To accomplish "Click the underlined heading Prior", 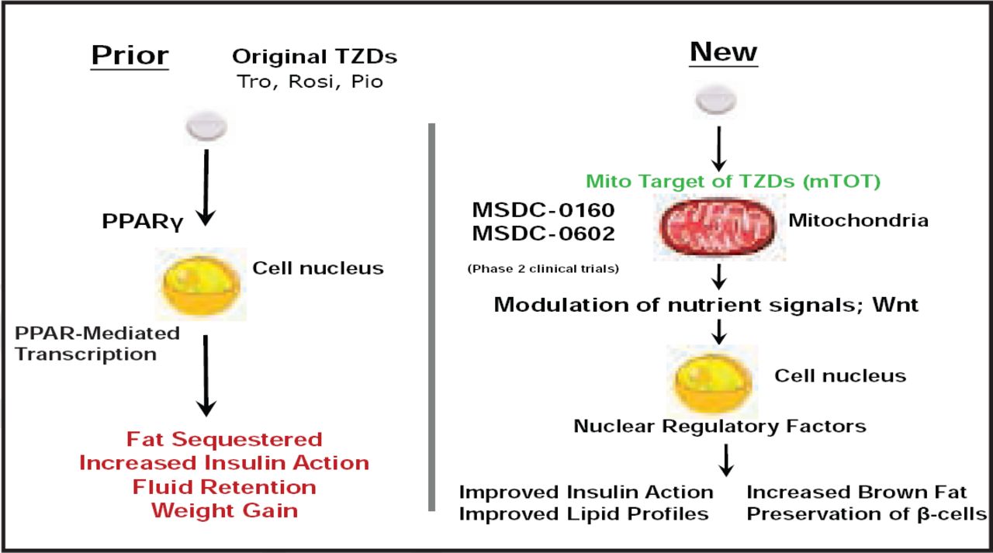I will pos(130,56).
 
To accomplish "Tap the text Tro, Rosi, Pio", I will pos(310,81).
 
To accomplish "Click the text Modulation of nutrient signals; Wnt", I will pos(706,304).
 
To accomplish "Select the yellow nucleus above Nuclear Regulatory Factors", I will pos(714,381).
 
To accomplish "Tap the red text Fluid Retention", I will pos(224,487).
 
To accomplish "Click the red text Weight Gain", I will pos(224,511).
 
